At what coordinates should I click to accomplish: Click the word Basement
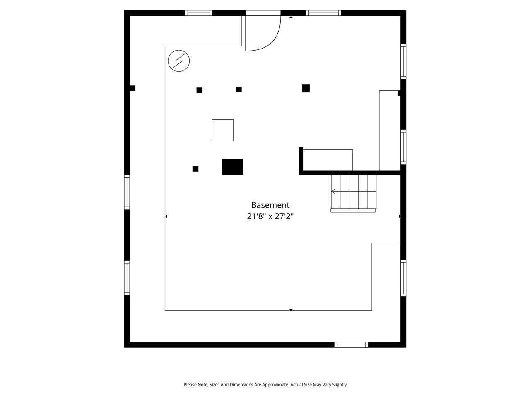(270, 205)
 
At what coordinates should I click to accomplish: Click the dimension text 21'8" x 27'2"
(270, 216)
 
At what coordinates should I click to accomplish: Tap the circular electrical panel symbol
(178, 61)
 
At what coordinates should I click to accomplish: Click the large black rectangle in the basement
(233, 167)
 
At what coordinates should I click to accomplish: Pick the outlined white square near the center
(222, 130)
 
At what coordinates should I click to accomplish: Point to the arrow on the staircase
(333, 191)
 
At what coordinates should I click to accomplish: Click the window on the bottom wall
(351, 345)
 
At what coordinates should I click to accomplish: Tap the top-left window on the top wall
(199, 13)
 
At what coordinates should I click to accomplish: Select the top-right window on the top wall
(323, 13)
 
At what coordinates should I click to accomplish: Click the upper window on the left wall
(127, 192)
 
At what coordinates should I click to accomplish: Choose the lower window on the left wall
(127, 278)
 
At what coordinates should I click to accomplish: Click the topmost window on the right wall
(403, 61)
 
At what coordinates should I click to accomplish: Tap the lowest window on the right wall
(403, 278)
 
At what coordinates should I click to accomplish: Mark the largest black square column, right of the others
(306, 88)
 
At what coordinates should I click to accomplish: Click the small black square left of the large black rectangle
(195, 169)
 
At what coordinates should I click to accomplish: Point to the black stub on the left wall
(132, 88)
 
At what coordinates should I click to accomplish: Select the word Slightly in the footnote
(339, 385)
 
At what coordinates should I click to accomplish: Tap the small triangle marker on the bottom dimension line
(291, 310)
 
